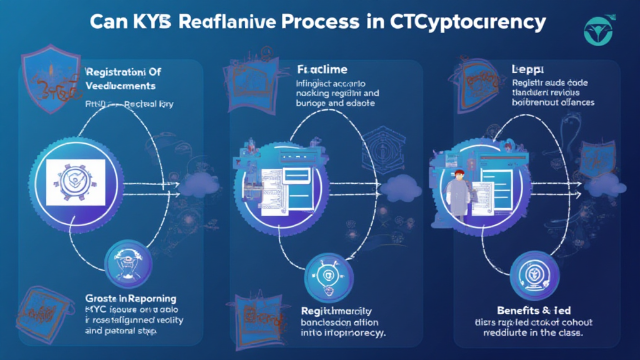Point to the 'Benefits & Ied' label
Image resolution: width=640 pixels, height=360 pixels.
coord(534,310)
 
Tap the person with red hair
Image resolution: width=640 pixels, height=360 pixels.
coord(459,187)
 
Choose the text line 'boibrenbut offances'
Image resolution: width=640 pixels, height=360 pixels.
coord(552,102)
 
